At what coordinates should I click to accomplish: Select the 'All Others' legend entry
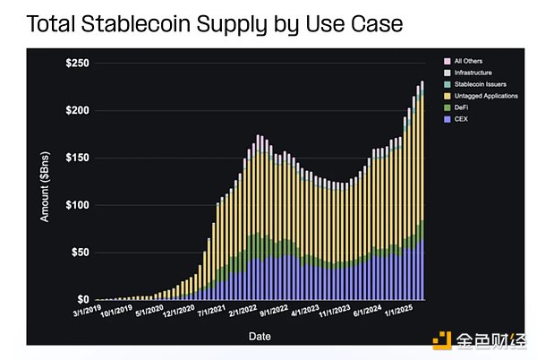[469, 61]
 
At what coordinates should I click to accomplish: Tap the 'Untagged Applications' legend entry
[482, 95]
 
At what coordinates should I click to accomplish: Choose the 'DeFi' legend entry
[463, 107]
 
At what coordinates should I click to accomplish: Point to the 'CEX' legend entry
[462, 117]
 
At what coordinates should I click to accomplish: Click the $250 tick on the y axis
[75, 63]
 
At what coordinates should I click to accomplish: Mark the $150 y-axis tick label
[75, 158]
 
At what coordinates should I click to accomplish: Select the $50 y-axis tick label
[78, 253]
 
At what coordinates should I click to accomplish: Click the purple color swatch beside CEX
[447, 117]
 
